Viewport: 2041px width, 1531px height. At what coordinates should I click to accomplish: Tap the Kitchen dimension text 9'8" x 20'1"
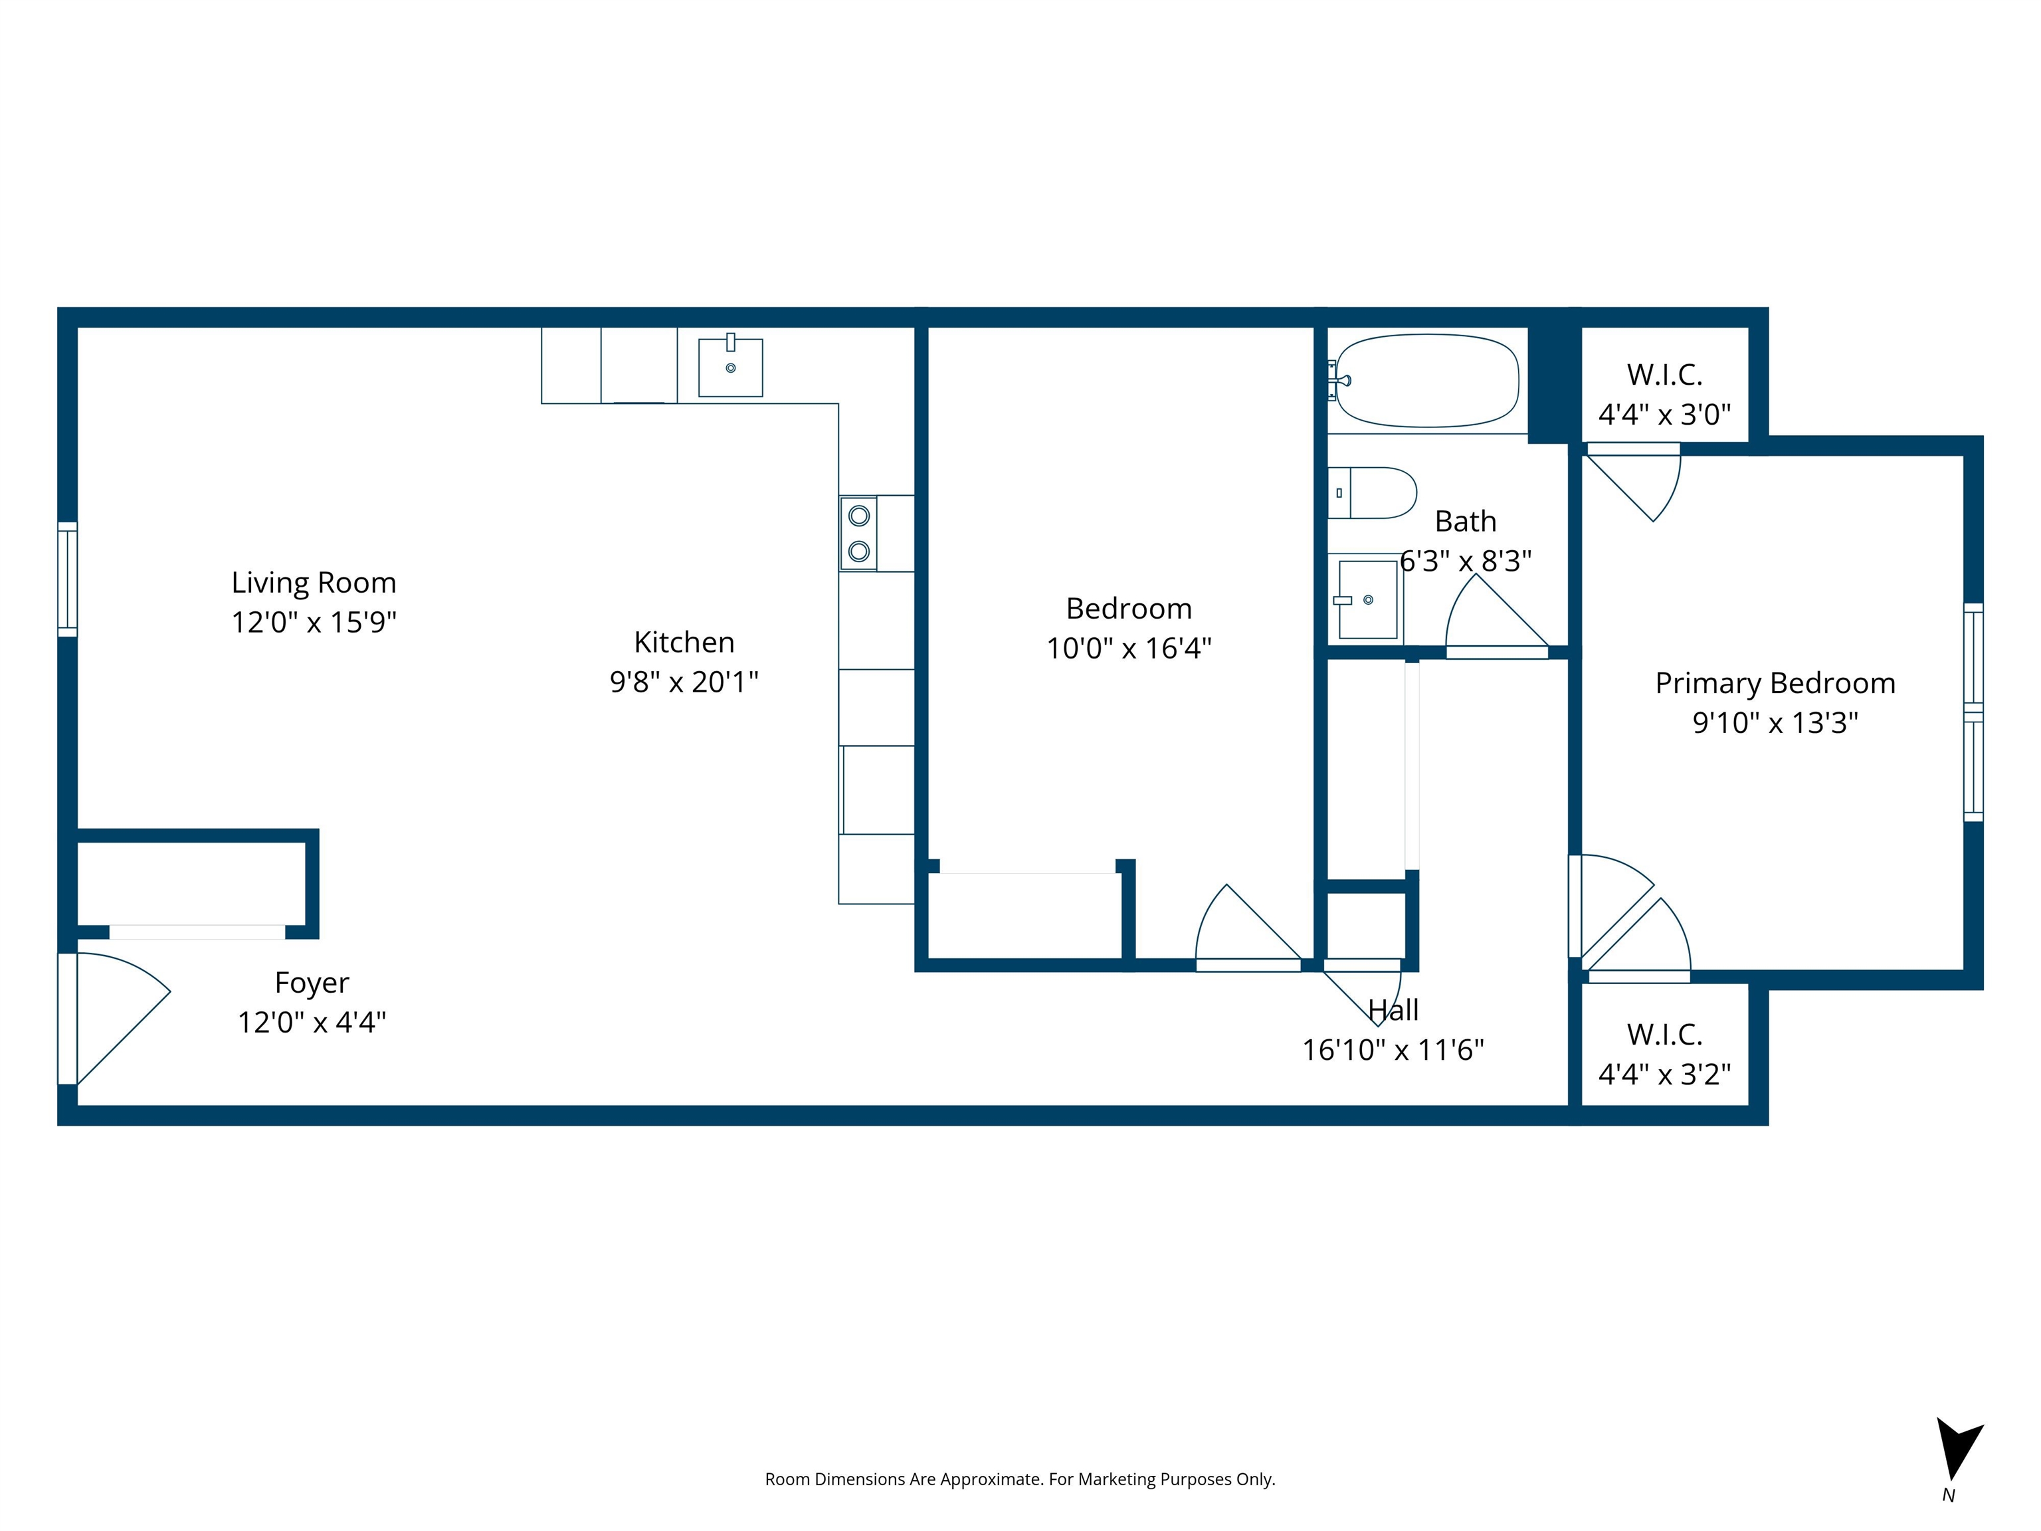click(x=684, y=682)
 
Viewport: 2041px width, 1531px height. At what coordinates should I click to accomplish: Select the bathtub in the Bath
click(x=1426, y=380)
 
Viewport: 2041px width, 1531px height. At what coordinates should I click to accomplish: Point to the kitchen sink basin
click(x=730, y=367)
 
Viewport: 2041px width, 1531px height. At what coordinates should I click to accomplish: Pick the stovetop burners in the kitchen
click(x=858, y=534)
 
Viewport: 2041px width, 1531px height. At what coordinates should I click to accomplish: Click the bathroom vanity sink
click(x=1367, y=600)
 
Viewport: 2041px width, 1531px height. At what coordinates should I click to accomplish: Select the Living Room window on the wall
click(x=67, y=579)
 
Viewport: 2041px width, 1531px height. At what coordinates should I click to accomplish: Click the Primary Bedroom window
click(x=1973, y=712)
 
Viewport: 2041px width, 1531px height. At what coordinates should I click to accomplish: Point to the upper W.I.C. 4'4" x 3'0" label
click(x=1664, y=395)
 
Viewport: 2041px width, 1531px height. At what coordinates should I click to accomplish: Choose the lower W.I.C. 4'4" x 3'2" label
click(x=1664, y=1055)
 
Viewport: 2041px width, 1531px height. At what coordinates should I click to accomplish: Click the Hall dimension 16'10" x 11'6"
click(x=1393, y=1050)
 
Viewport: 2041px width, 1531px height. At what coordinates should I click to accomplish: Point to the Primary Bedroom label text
click(x=1775, y=683)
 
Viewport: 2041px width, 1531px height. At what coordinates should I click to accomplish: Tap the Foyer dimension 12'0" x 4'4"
click(x=312, y=1023)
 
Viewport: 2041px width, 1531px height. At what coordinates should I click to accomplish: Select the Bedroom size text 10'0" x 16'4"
click(x=1128, y=649)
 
